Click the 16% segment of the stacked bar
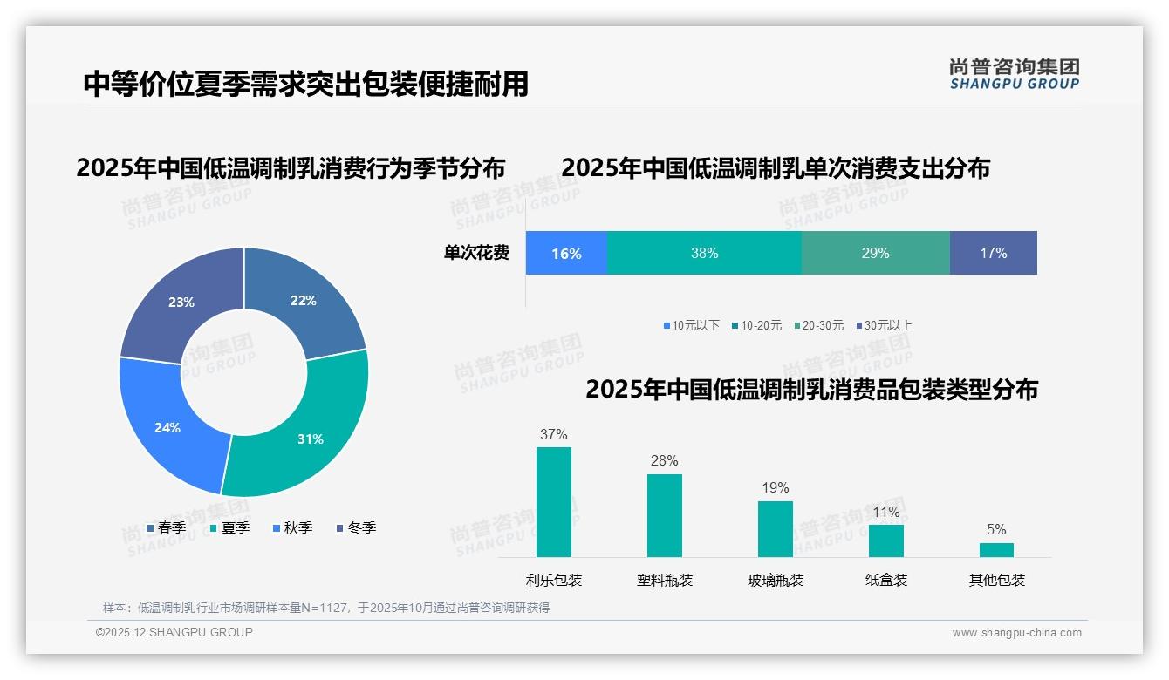pos(566,253)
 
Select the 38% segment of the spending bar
pos(704,253)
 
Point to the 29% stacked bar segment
pos(875,253)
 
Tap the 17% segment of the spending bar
pos(993,253)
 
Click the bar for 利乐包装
pos(554,502)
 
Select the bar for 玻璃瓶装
pos(776,528)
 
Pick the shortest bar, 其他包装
pos(996,549)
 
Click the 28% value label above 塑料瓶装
pos(664,461)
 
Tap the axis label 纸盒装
pos(886,580)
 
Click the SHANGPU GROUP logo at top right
pos(1015,74)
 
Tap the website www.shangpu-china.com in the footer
pos(1016,633)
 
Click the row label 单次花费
pos(476,253)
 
